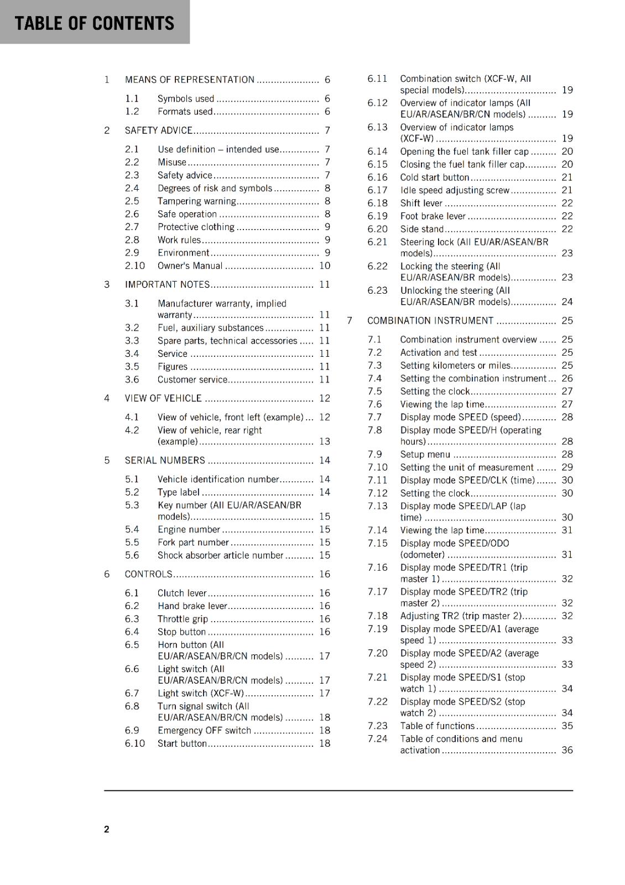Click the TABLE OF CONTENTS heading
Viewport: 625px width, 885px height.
(x=95, y=23)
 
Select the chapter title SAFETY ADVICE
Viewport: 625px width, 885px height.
(x=159, y=131)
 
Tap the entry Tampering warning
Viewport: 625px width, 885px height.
(x=197, y=201)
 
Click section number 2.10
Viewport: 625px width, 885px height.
(x=134, y=265)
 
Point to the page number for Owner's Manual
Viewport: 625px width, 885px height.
(x=325, y=265)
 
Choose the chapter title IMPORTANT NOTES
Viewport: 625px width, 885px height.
(x=168, y=284)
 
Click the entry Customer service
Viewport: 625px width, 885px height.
(x=192, y=379)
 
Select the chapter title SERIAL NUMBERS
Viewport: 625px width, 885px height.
(x=165, y=460)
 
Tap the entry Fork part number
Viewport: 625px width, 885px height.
(x=193, y=543)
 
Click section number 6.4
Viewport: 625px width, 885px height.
(x=132, y=632)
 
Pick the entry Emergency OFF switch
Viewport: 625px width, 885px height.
(x=204, y=730)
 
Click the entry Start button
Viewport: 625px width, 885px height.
(x=182, y=743)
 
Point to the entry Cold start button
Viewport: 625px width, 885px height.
(x=435, y=178)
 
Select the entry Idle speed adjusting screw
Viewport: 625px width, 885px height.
(x=455, y=190)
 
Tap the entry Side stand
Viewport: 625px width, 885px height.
(x=422, y=229)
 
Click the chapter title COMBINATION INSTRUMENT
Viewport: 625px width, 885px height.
(x=430, y=321)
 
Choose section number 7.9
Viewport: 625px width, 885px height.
(x=374, y=454)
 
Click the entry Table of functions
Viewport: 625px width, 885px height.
(x=437, y=726)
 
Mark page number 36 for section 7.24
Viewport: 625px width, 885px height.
(x=567, y=750)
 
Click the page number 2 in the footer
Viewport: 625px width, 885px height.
(x=107, y=829)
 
